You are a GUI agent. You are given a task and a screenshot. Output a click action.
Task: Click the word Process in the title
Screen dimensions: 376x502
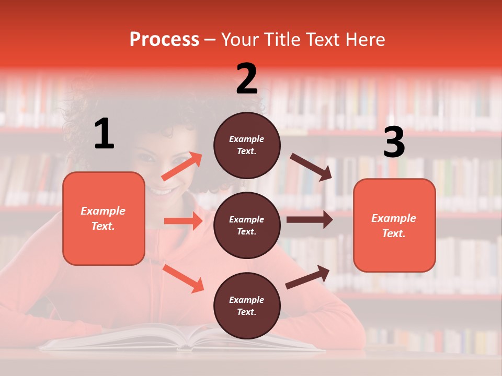tap(164, 40)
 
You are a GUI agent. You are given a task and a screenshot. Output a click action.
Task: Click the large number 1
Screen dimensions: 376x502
tap(104, 134)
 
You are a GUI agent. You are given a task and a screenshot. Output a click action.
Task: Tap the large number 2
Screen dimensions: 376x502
tap(247, 78)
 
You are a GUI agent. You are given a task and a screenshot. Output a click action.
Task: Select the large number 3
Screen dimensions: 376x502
tap(394, 143)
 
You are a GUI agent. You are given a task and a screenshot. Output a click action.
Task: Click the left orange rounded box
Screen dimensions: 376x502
tap(104, 218)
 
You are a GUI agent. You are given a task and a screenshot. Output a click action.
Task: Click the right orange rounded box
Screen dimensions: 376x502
tap(394, 225)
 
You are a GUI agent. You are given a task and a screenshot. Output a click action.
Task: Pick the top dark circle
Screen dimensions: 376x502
tap(247, 145)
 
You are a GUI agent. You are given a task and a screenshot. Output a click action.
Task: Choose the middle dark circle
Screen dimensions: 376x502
tap(247, 225)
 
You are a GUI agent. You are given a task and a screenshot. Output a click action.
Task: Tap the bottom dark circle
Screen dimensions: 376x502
tap(247, 305)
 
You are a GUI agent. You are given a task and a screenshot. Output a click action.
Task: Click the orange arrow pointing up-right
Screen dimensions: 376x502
tap(181, 167)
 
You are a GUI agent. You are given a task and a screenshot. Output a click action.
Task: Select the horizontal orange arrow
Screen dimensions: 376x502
tap(183, 221)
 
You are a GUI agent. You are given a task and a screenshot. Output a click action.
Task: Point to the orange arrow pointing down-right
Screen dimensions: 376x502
tap(184, 278)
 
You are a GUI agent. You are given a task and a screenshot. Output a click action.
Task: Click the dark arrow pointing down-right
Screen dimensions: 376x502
tap(311, 167)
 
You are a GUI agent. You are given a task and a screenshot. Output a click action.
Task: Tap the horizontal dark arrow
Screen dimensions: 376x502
tap(309, 220)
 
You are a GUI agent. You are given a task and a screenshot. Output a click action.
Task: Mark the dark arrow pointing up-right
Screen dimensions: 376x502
tap(308, 277)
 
